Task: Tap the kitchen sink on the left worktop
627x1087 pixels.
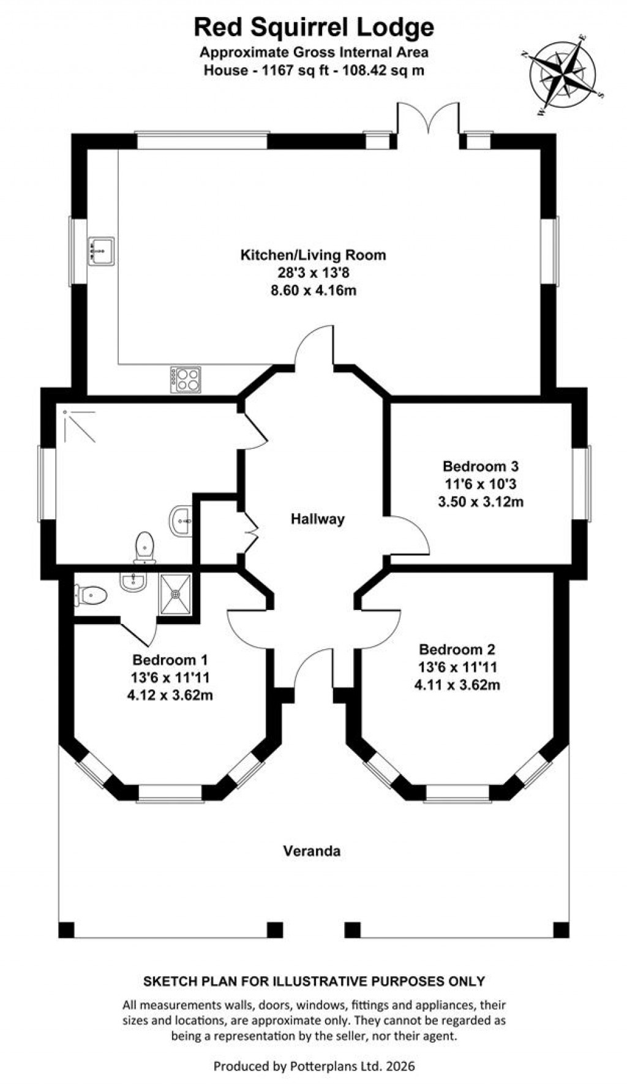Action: pyautogui.click(x=101, y=250)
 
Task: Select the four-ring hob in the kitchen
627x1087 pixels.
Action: pyautogui.click(x=186, y=379)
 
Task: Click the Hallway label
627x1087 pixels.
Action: pyautogui.click(x=317, y=519)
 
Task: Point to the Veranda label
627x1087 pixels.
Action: pyautogui.click(x=312, y=851)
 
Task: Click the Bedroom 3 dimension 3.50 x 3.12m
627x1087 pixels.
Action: pyautogui.click(x=481, y=502)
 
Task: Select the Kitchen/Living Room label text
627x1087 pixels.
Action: pyautogui.click(x=313, y=255)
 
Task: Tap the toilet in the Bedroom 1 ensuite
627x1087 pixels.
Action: pyautogui.click(x=91, y=593)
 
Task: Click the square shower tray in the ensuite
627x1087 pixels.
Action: pyautogui.click(x=176, y=593)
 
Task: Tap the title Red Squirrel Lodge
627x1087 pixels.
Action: pyautogui.click(x=313, y=27)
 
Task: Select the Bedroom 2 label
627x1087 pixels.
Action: pyautogui.click(x=457, y=649)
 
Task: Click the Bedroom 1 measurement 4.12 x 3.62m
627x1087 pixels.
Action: pyautogui.click(x=170, y=695)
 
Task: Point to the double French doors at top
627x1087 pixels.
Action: pyautogui.click(x=427, y=122)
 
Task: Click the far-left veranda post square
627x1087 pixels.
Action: pyautogui.click(x=67, y=930)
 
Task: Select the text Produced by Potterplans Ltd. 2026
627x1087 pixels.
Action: pyautogui.click(x=313, y=1066)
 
